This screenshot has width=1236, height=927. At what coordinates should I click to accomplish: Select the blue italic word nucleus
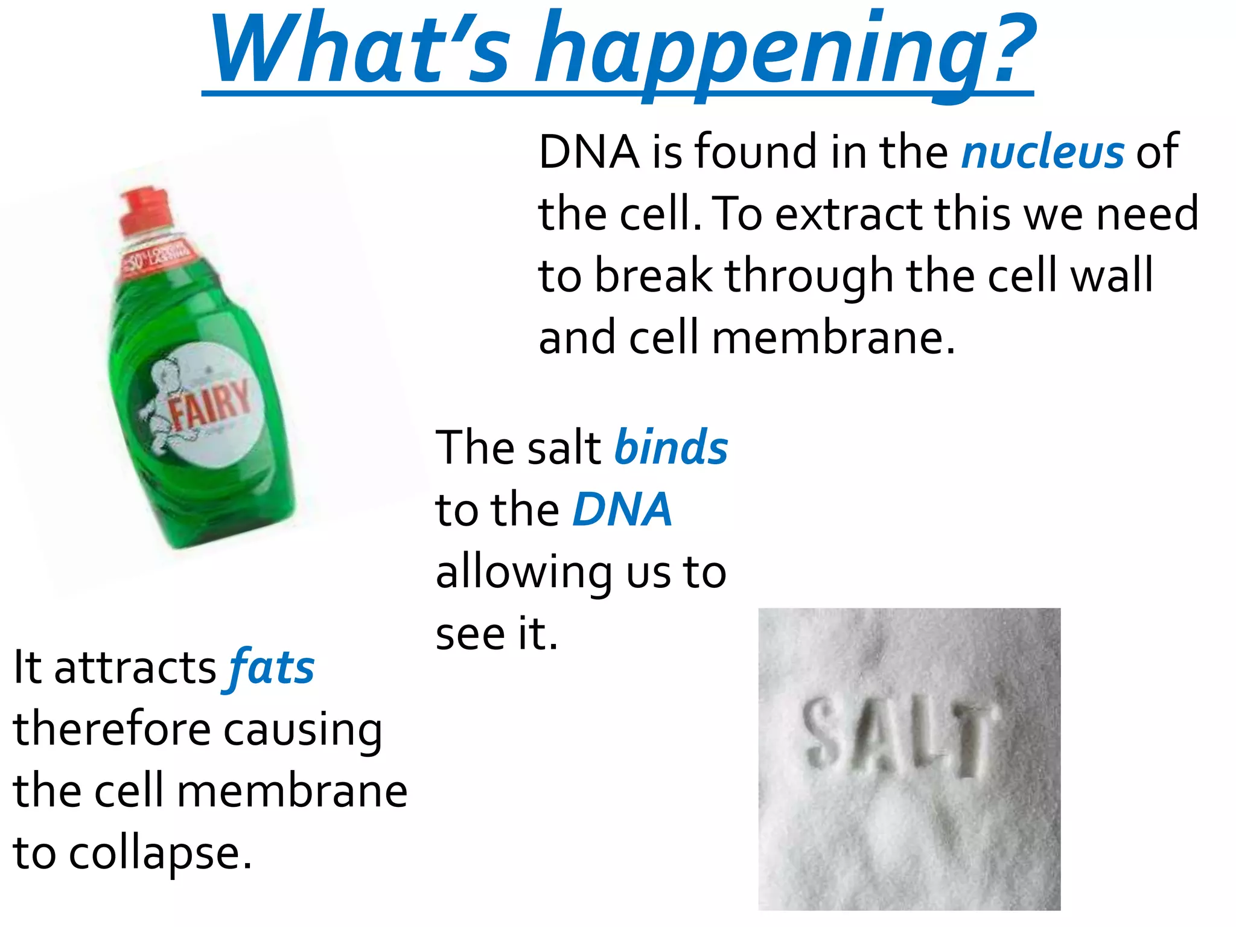click(1042, 152)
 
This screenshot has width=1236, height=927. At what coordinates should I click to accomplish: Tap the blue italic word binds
click(671, 448)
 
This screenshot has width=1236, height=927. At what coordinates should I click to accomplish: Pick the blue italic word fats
click(272, 668)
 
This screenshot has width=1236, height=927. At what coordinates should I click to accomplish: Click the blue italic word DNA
click(622, 510)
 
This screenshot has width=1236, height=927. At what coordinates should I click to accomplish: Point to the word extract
click(851, 214)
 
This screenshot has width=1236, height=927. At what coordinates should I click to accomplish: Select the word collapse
click(160, 854)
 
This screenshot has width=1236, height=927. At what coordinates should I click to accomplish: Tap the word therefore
click(112, 730)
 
